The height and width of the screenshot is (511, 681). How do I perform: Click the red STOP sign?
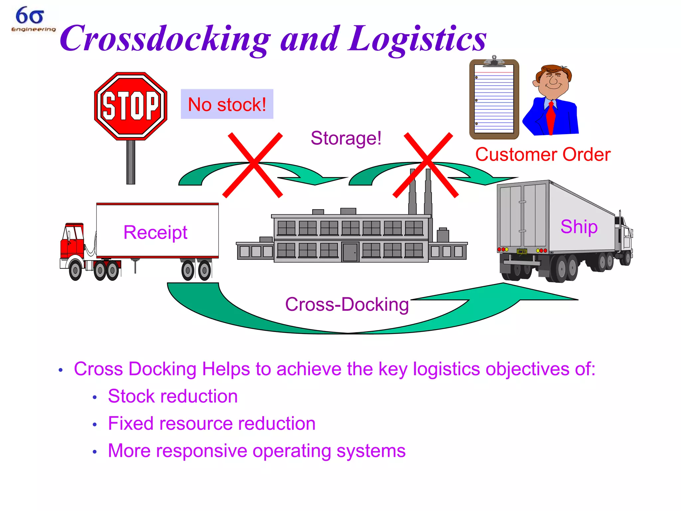(x=131, y=106)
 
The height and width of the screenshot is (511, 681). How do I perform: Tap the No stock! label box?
(x=227, y=104)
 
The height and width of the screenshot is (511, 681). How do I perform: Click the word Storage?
(x=346, y=138)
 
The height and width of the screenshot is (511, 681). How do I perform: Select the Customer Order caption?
(x=543, y=155)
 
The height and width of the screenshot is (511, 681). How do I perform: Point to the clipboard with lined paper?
(x=494, y=99)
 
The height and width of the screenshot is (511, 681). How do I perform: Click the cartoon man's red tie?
(x=551, y=116)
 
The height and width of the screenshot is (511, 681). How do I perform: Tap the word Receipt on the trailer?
(x=155, y=232)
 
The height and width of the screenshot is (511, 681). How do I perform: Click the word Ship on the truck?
(x=579, y=227)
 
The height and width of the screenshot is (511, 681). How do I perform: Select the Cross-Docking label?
(x=347, y=304)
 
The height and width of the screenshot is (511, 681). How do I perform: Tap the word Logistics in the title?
(x=417, y=39)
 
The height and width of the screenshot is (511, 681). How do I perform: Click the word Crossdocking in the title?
(x=165, y=39)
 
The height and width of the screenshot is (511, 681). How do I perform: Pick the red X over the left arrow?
(x=253, y=165)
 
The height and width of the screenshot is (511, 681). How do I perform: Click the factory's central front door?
(x=350, y=252)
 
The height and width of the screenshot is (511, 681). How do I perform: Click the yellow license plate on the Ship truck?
(x=522, y=252)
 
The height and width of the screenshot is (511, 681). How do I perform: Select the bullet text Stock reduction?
(x=173, y=396)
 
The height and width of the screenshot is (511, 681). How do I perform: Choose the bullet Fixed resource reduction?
(x=211, y=424)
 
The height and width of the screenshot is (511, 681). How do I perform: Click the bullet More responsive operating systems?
(x=257, y=451)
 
